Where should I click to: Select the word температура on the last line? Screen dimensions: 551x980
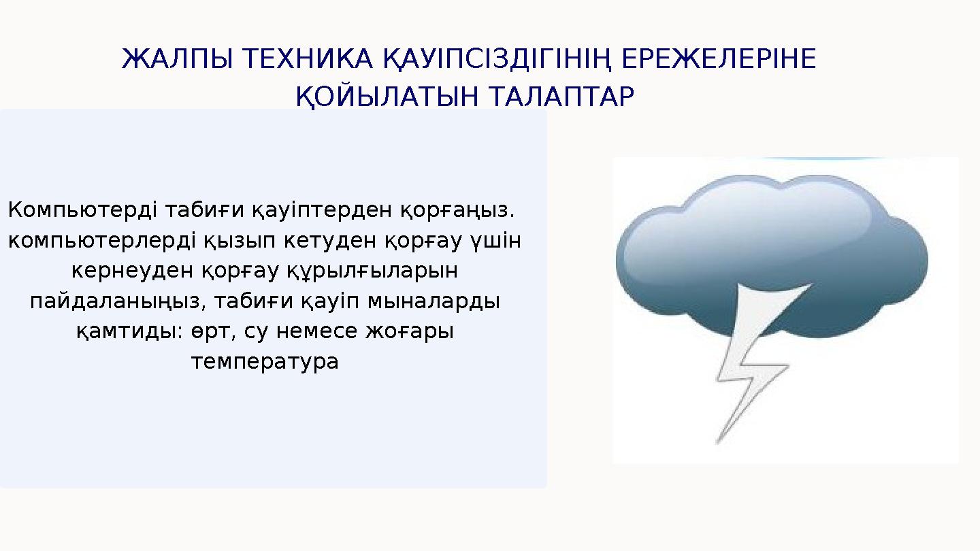[x=265, y=361]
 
